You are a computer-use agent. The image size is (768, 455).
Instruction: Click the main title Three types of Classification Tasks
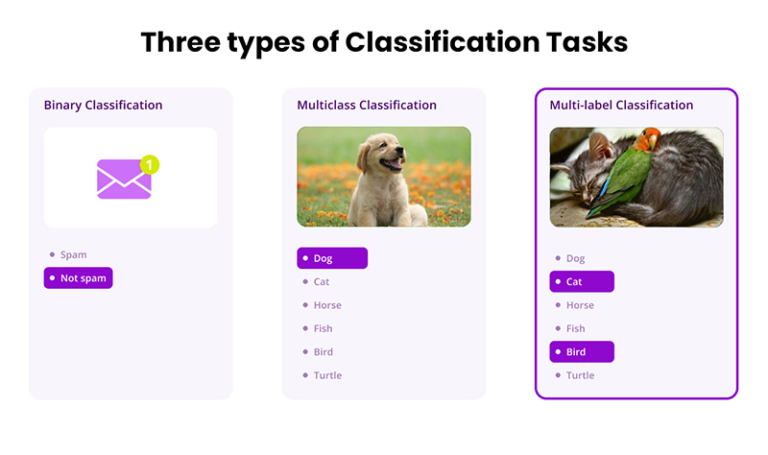point(384,42)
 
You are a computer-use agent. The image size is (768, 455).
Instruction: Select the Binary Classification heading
point(103,105)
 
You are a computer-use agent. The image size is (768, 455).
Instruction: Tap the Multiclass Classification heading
point(367,105)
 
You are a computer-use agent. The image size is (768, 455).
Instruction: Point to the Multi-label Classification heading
point(621,105)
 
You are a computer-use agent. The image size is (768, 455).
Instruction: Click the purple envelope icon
point(124,180)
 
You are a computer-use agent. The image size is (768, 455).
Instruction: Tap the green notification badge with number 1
point(149,164)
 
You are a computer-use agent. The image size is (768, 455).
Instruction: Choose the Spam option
point(73,254)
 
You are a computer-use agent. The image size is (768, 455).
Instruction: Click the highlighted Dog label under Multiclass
point(332,258)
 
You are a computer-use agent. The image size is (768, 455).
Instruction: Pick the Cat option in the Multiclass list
point(322,282)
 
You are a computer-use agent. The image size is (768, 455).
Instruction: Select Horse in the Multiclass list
point(326,305)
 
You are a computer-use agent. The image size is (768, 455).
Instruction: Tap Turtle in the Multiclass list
point(326,375)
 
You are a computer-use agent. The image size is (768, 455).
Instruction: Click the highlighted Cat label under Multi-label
point(582,282)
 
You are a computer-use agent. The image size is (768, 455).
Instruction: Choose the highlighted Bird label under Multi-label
point(582,352)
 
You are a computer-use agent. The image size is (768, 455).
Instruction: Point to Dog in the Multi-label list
point(575,258)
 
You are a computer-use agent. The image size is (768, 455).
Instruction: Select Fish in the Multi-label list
point(575,328)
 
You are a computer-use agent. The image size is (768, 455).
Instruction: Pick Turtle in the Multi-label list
point(580,375)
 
